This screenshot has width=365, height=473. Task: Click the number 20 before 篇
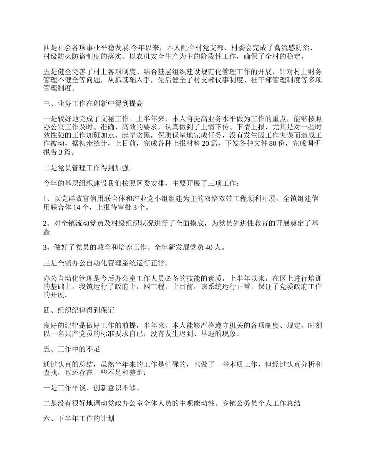[205, 143]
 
